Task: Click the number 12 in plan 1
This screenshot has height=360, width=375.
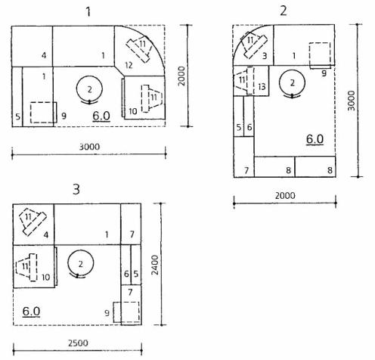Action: (x=129, y=65)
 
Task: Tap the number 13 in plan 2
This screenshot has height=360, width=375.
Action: (x=262, y=87)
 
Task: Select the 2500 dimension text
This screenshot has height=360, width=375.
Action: (x=78, y=343)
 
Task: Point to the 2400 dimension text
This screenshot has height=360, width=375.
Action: (x=155, y=265)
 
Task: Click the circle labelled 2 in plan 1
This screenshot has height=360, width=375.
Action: (x=76, y=88)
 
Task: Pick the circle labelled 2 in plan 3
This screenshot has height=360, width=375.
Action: (x=68, y=263)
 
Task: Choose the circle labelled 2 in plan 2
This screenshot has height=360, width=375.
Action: (x=279, y=82)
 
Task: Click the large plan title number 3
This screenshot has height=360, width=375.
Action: (x=76, y=189)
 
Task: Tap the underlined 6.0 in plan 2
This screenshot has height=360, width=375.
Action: (x=315, y=139)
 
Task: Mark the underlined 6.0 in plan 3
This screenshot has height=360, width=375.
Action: (x=31, y=312)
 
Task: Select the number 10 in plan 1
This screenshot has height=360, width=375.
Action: (x=133, y=111)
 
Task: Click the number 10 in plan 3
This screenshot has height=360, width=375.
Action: (x=45, y=278)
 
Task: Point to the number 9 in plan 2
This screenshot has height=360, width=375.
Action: (x=324, y=73)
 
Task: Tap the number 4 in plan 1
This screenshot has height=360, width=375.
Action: (x=44, y=55)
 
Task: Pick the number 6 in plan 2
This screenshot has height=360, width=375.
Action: (x=249, y=127)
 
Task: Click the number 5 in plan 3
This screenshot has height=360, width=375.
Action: (x=136, y=274)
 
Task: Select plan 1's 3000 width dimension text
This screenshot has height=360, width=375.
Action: (x=89, y=147)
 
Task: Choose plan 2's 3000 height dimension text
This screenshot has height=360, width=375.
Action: (x=351, y=101)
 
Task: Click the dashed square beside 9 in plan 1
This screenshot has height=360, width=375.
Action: (x=30, y=113)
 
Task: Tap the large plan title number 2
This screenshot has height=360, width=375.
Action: (x=284, y=11)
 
